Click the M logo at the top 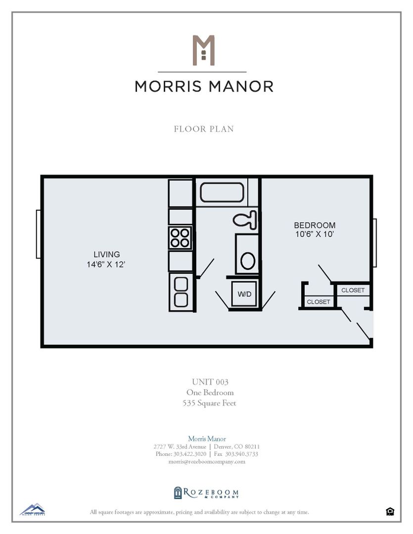point(203,50)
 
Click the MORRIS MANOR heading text point(204,87)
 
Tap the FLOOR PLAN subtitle point(204,129)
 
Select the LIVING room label point(103,255)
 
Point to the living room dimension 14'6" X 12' point(103,265)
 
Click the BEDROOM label point(315,225)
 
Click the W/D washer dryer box point(244,294)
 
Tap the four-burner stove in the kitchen point(180,237)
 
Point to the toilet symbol point(246,219)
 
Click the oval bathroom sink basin point(247,260)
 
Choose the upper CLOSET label point(353,290)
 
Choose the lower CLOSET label point(318,302)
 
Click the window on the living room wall point(38,234)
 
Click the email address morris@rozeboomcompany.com point(207,461)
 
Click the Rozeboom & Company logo point(206,493)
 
